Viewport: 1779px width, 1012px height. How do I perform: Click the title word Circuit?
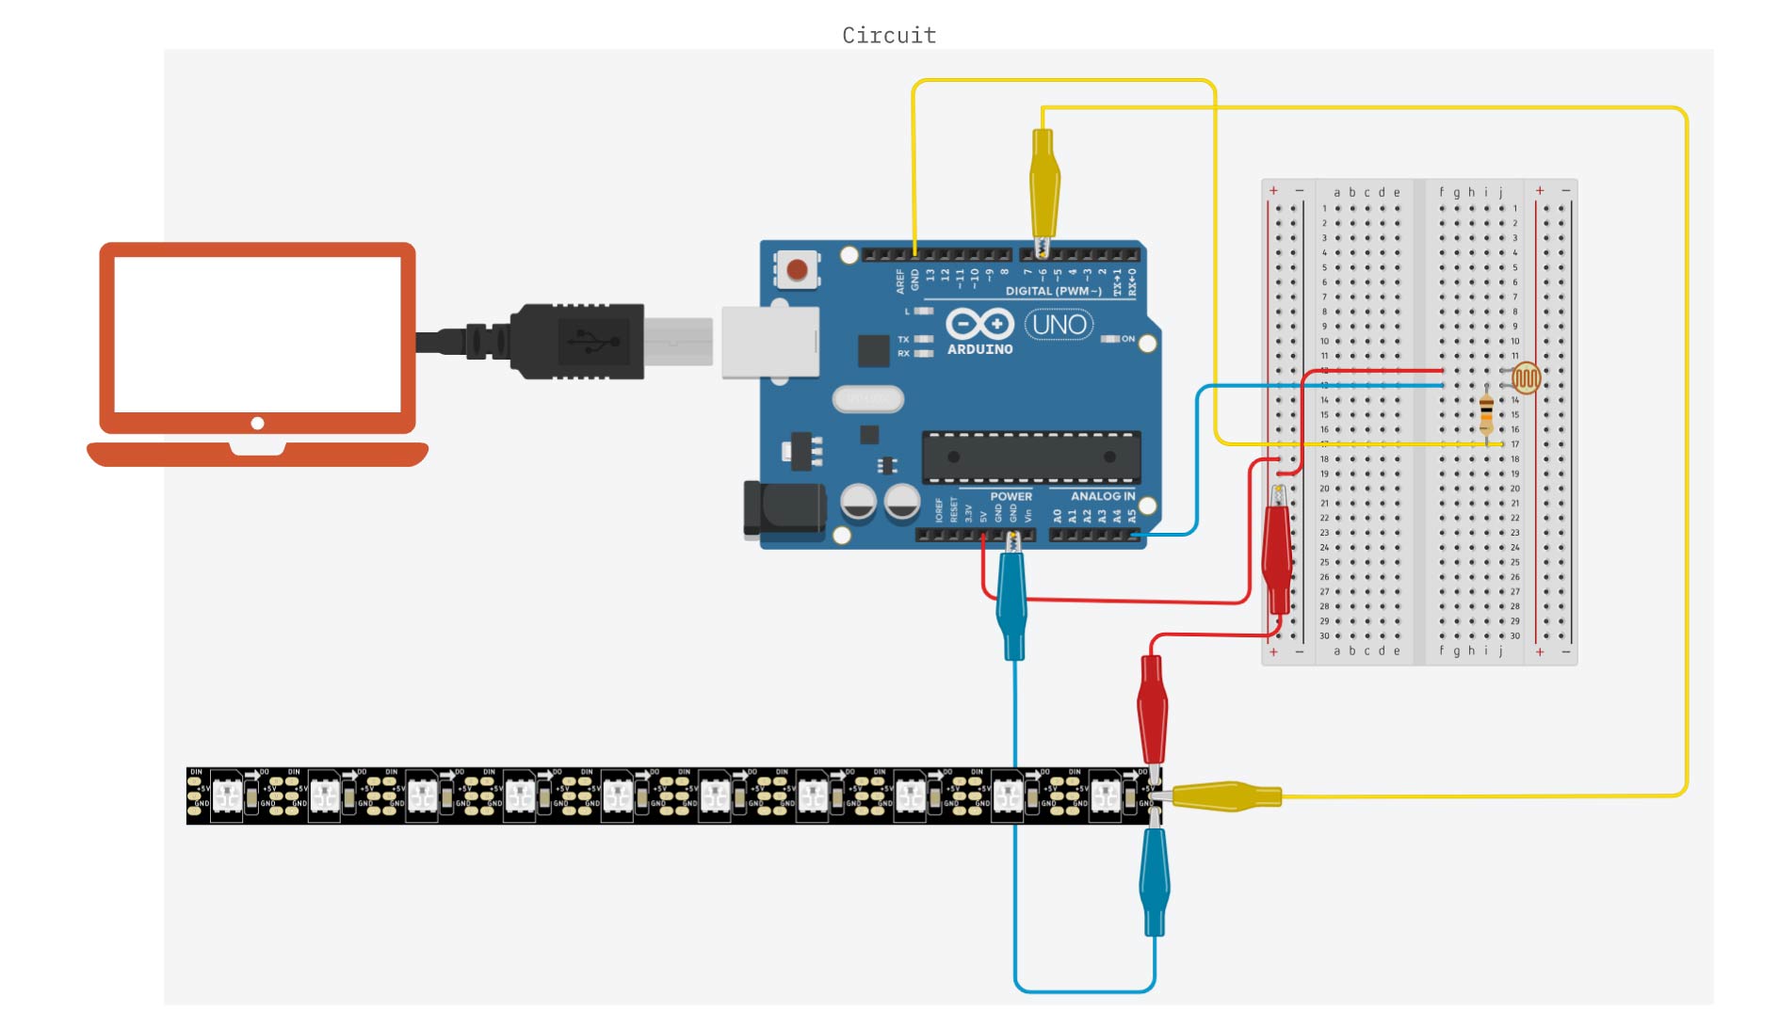pyautogui.click(x=889, y=36)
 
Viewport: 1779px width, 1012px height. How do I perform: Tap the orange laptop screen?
pyautogui.click(x=257, y=334)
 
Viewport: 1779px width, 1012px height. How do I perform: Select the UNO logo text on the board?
pyautogui.click(x=1059, y=325)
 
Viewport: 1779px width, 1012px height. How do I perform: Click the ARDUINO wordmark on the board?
pyautogui.click(x=979, y=349)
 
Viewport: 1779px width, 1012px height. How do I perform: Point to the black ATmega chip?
pyautogui.click(x=1031, y=457)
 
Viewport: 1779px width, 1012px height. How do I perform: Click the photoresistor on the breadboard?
pyautogui.click(x=1526, y=378)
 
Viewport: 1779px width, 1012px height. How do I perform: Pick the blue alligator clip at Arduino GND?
pyautogui.click(x=1012, y=602)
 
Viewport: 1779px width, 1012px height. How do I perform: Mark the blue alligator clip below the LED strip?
pyautogui.click(x=1154, y=880)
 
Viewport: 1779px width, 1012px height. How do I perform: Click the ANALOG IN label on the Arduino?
pyautogui.click(x=1103, y=496)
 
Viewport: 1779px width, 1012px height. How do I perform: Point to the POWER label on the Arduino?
pyautogui.click(x=1011, y=496)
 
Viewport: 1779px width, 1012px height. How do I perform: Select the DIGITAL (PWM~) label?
pyautogui.click(x=1053, y=291)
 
